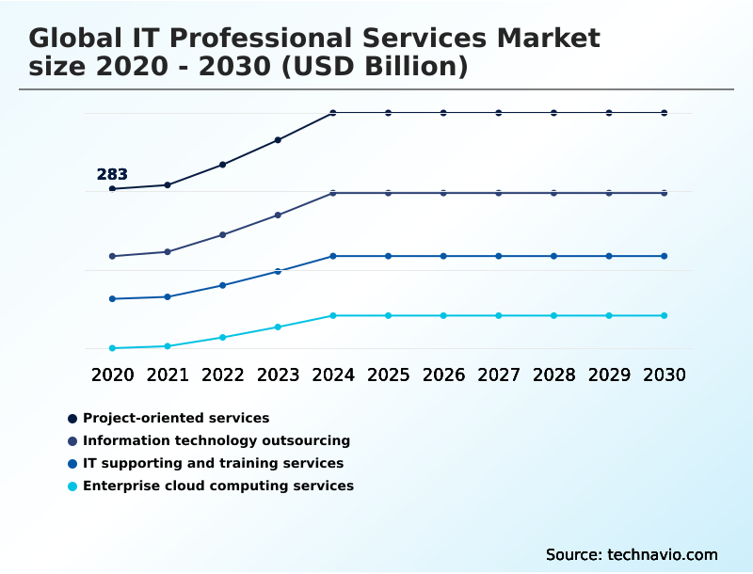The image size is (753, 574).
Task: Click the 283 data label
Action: pos(112,174)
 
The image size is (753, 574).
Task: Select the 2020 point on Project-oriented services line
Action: pos(112,189)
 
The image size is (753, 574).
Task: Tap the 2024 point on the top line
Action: pos(333,113)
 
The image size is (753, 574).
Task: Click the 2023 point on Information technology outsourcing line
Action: pos(278,215)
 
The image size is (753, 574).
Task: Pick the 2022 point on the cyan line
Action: pos(223,337)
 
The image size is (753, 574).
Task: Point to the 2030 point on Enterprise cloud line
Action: pos(665,315)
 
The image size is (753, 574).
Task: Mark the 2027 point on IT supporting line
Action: pos(499,256)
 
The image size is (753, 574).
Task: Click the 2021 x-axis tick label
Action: pos(168,375)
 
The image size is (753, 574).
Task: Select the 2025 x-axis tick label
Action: pos(388,375)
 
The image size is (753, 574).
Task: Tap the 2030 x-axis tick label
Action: pos(665,375)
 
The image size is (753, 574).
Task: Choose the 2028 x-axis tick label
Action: pos(553,375)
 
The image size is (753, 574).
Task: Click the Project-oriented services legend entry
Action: pos(176,418)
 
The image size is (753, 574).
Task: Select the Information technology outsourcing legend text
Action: pos(216,440)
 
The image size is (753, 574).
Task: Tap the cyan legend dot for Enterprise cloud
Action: pos(72,486)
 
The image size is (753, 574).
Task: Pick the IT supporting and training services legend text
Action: pos(213,463)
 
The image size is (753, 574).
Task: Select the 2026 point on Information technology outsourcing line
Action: pos(443,193)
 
